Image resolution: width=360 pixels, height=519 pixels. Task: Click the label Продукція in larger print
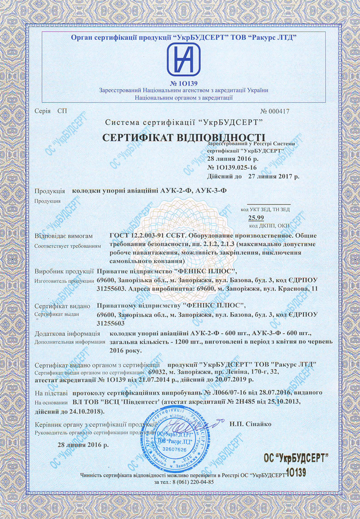click(49, 190)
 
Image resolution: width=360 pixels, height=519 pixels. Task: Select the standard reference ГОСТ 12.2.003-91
click(141, 235)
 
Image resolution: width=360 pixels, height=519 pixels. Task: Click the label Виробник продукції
click(64, 271)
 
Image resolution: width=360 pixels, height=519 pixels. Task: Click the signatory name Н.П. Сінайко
click(250, 424)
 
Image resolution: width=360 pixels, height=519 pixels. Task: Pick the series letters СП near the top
click(62, 111)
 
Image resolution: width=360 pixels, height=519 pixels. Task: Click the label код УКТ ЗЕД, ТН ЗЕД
click(265, 209)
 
